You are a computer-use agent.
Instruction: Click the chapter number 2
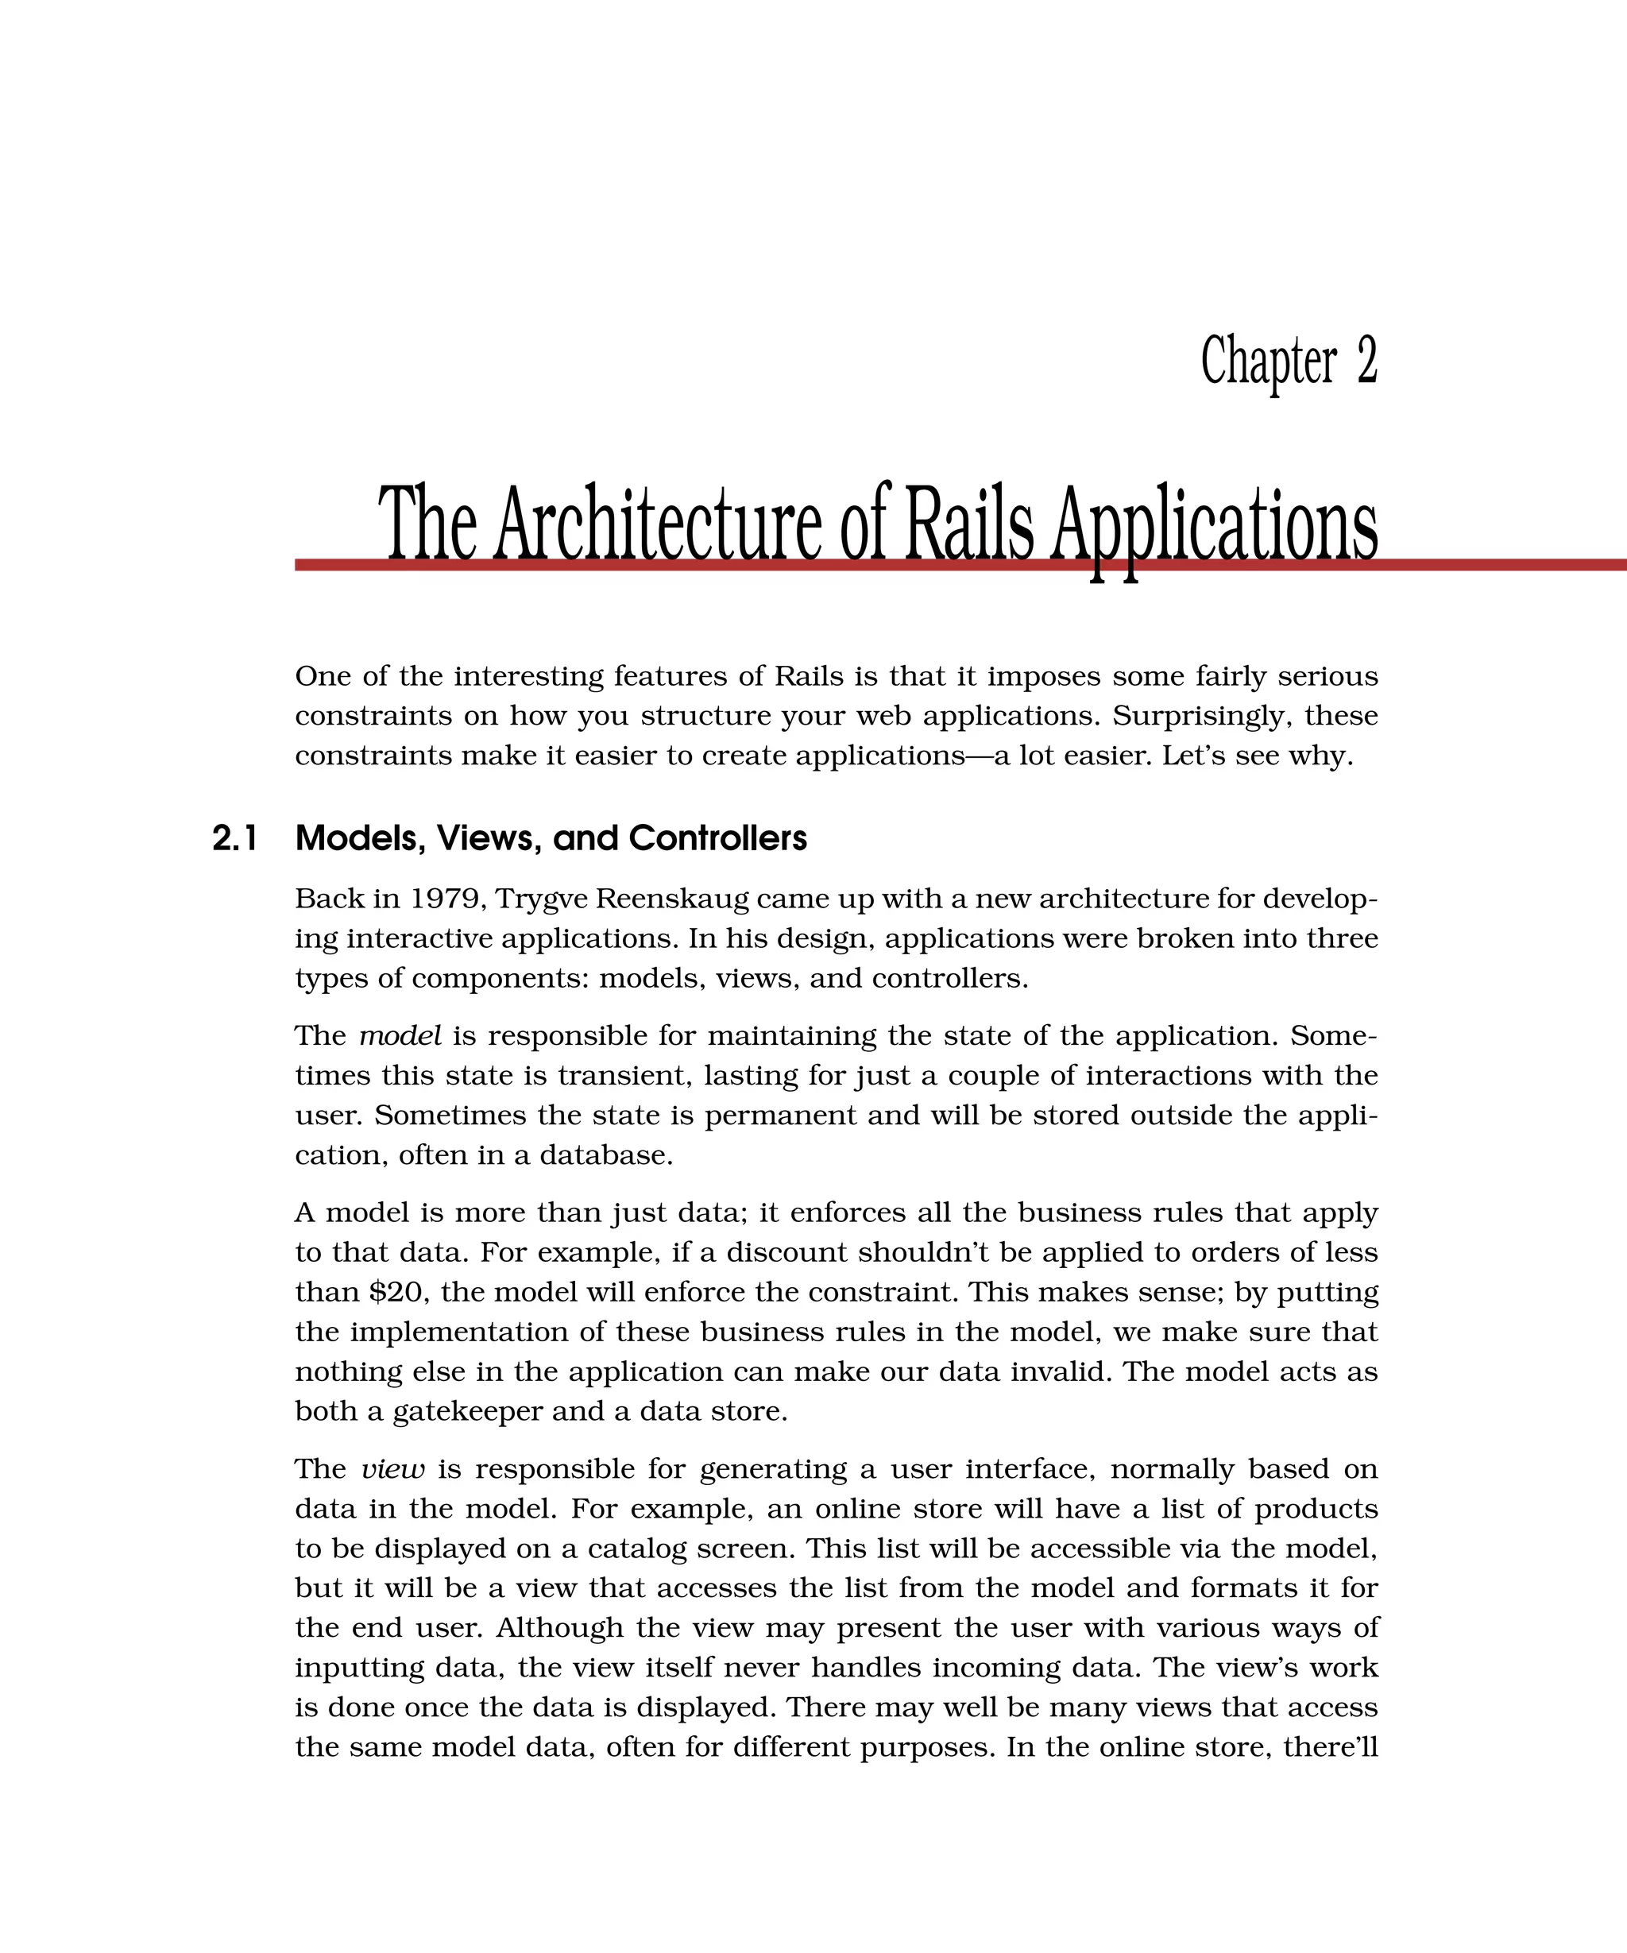(x=1366, y=361)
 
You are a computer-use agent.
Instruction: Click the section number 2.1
(x=234, y=839)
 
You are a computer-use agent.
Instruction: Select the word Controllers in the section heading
(x=717, y=839)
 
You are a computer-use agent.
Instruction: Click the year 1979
(x=446, y=899)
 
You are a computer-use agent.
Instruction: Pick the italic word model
(x=400, y=1036)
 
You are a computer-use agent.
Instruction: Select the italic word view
(x=392, y=1469)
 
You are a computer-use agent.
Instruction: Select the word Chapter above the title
(x=1268, y=362)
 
